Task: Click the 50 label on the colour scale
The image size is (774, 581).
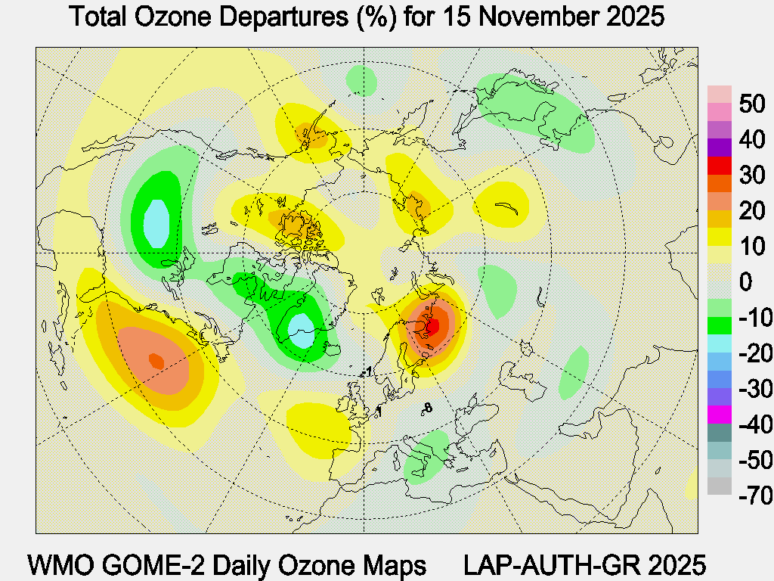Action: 752,104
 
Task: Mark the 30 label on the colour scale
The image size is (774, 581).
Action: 752,176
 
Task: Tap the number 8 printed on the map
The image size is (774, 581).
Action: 428,409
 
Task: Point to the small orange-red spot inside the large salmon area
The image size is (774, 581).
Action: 156,361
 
